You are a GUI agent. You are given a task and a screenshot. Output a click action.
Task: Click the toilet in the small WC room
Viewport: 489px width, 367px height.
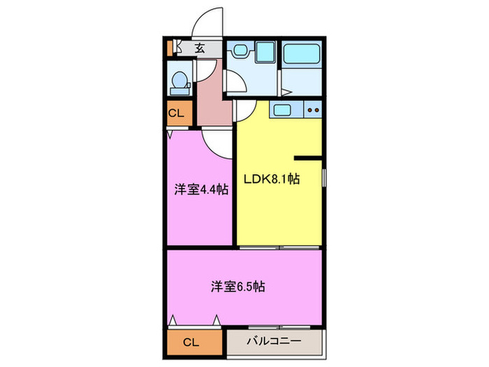pyautogui.click(x=180, y=82)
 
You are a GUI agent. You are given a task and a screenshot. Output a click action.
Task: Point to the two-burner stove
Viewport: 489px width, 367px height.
pyautogui.click(x=313, y=110)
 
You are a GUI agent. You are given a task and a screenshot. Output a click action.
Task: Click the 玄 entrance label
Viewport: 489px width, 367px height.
pyautogui.click(x=200, y=48)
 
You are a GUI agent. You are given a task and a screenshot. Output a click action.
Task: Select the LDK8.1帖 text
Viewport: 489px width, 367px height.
pyautogui.click(x=271, y=179)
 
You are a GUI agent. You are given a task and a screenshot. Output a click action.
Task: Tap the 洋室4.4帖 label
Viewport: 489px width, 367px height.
pyautogui.click(x=201, y=189)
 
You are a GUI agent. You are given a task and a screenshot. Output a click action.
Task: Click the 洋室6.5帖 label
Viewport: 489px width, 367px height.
pyautogui.click(x=238, y=287)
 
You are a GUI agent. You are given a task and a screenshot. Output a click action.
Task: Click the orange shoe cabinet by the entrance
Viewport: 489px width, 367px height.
pyautogui.click(x=168, y=48)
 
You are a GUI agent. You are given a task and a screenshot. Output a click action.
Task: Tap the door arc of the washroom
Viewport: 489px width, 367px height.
pyautogui.click(x=244, y=110)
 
